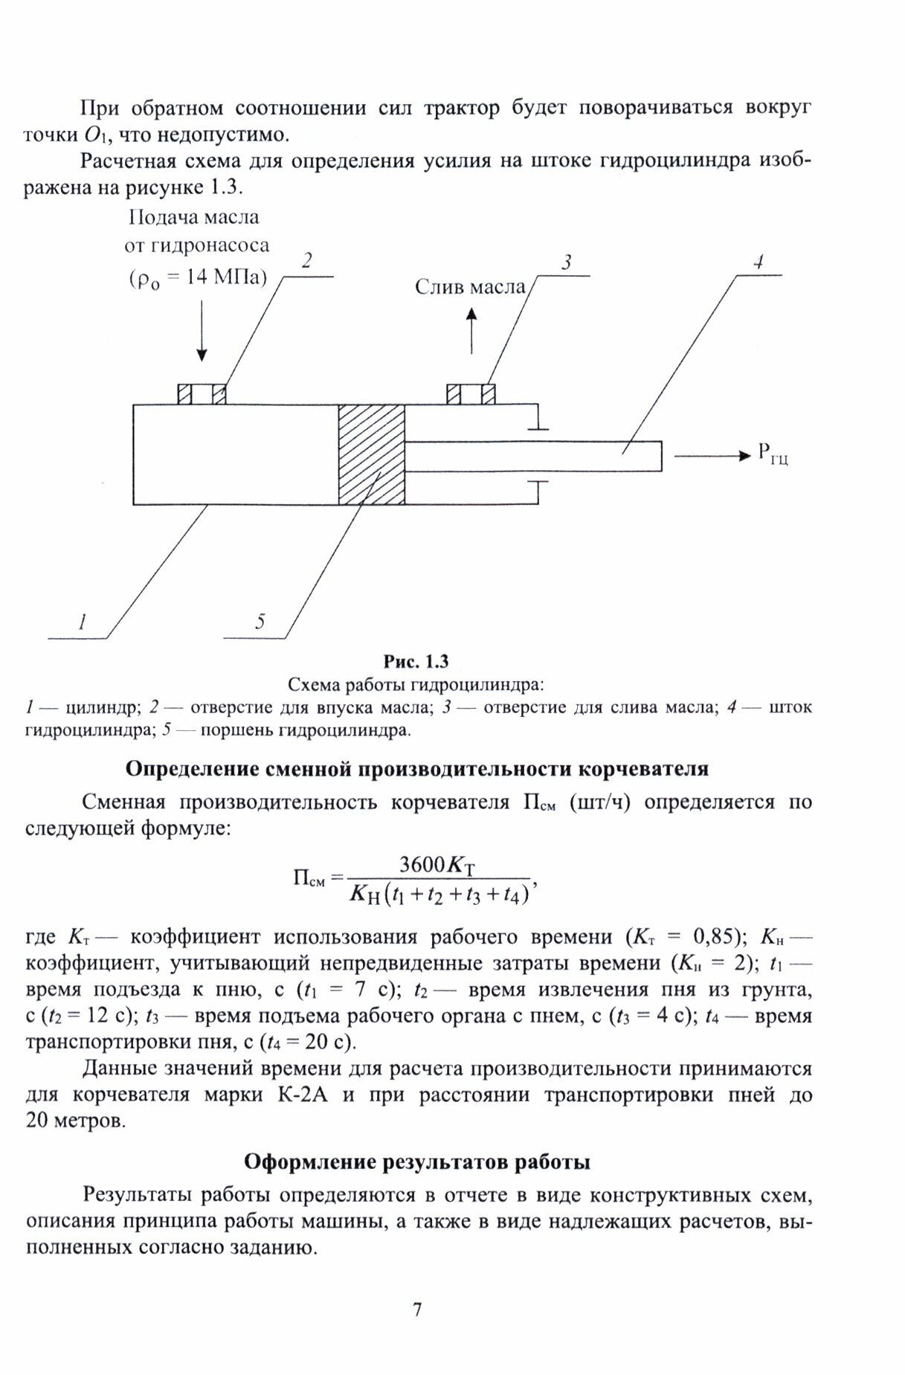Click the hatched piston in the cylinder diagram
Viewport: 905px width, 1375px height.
[371, 454]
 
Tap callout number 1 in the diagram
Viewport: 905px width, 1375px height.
[83, 622]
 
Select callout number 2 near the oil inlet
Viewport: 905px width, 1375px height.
[306, 260]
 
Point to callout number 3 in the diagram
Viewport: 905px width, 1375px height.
[567, 262]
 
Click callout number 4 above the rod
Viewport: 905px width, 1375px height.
[758, 262]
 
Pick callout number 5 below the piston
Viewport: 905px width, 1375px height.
[260, 622]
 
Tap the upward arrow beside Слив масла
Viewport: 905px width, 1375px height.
[471, 330]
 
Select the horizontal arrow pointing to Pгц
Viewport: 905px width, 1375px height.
[710, 455]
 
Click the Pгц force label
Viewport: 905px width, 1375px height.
[772, 454]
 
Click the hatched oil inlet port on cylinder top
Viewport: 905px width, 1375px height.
[202, 393]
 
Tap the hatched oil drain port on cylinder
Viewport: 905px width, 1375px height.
[471, 393]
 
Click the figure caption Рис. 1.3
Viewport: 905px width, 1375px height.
[416, 661]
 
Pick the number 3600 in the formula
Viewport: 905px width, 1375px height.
[420, 864]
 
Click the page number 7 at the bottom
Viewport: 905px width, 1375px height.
[417, 1310]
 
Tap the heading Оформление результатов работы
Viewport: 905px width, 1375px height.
[417, 1162]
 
